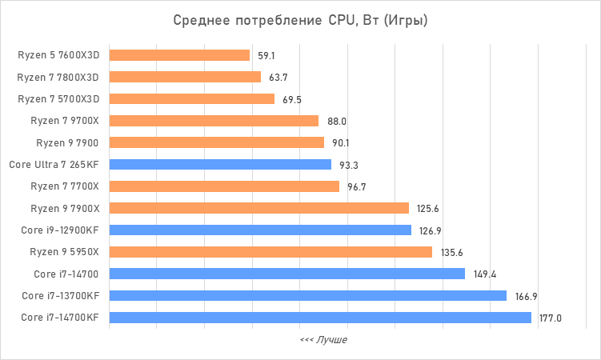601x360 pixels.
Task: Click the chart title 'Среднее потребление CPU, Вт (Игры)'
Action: pos(300,20)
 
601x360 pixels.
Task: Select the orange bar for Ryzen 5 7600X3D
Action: pos(179,55)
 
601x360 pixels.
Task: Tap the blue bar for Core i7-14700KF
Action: pos(320,318)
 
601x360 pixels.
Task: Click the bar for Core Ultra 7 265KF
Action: pos(220,165)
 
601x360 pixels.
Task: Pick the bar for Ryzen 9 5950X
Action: pos(270,252)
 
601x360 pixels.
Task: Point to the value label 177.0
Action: pos(551,318)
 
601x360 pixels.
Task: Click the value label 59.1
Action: pos(266,56)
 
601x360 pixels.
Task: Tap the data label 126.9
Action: pos(429,231)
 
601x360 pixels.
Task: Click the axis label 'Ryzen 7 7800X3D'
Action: pos(58,78)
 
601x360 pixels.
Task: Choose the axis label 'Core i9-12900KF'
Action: pos(60,230)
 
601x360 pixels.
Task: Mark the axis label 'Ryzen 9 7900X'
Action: pos(65,209)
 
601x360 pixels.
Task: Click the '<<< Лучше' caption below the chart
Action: pos(323,340)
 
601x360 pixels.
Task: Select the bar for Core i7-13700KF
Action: pos(307,296)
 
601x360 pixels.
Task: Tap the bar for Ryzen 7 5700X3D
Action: pos(191,99)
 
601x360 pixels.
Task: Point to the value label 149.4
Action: pos(485,274)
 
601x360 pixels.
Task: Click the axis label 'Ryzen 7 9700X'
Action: pos(65,121)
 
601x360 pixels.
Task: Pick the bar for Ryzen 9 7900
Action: pos(216,142)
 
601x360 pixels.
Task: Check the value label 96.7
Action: pos(358,187)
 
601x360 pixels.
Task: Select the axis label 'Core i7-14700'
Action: pos(66,274)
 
